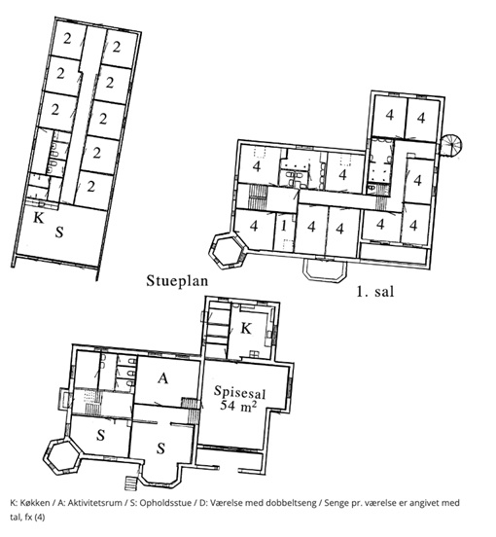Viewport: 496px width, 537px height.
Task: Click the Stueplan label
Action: tap(177, 281)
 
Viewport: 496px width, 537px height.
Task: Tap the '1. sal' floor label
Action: tap(375, 292)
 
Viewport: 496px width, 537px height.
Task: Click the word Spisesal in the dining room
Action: tap(239, 392)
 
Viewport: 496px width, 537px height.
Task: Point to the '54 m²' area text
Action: tap(238, 406)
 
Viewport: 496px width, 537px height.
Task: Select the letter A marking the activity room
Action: tap(163, 378)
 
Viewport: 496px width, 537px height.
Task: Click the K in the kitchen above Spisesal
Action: tap(246, 329)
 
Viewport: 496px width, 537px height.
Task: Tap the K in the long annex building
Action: tap(39, 218)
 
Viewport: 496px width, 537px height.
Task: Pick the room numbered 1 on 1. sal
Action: tap(283, 226)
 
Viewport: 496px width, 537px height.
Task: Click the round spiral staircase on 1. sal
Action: tap(451, 145)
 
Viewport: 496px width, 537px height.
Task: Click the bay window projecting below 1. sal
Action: tap(325, 270)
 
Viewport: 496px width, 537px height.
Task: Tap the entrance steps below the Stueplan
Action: tap(130, 483)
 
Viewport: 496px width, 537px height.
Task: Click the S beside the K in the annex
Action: tap(59, 233)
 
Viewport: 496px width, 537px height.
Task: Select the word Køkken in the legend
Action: tap(34, 503)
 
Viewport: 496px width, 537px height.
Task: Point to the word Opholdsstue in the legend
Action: tap(165, 503)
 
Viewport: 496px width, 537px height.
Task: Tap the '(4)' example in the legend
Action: tap(39, 518)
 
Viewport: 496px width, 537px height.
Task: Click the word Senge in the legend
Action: tap(336, 503)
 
